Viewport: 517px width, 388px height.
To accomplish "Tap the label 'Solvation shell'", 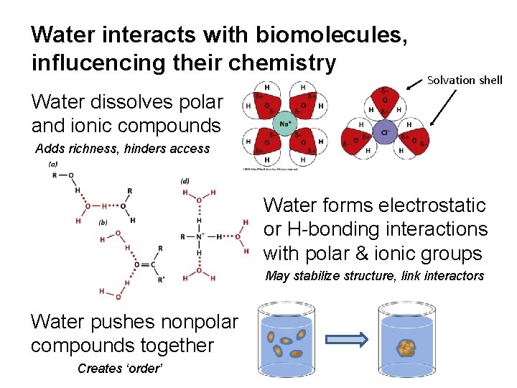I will [x=465, y=80].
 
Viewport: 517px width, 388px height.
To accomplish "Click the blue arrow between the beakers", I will [x=346, y=339].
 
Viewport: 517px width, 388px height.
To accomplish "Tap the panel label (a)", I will [x=53, y=164].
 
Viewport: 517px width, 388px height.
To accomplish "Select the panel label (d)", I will [x=185, y=181].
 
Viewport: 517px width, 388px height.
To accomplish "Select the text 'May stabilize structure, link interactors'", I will [x=374, y=276].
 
